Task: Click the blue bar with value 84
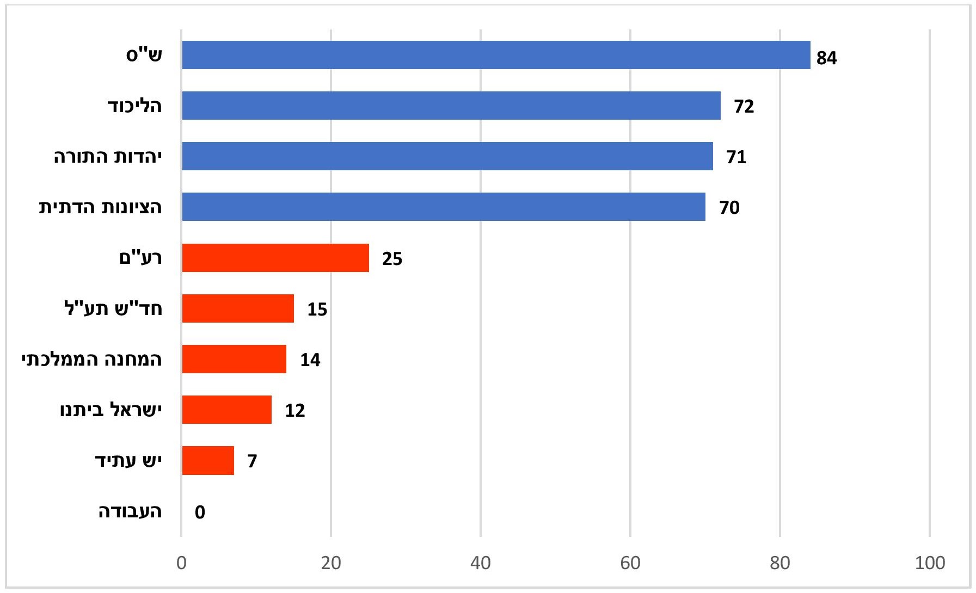coord(496,55)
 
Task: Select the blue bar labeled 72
coord(451,106)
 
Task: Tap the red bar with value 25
coord(275,258)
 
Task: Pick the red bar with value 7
coord(208,461)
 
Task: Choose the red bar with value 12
coord(227,410)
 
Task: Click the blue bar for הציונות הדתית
coord(444,207)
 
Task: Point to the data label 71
coord(736,157)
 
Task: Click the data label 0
coord(200,512)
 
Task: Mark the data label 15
coord(317,310)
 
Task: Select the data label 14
coord(310,360)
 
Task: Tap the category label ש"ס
coord(144,55)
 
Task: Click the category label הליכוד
coord(134,106)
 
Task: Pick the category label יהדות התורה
coord(108,157)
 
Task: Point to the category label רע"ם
coord(140,258)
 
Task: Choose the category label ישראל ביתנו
coord(111,410)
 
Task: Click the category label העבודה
coord(130,512)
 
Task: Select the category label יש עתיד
coord(128,461)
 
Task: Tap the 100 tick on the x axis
coord(930,563)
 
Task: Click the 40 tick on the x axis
coord(481,563)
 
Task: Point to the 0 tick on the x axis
coord(182,563)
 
